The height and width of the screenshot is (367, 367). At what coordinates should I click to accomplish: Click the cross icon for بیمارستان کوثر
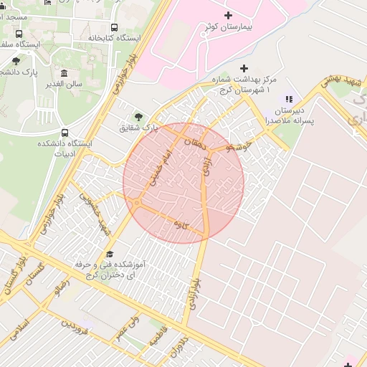point(229,15)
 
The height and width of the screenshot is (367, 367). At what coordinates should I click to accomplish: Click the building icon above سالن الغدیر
point(65,73)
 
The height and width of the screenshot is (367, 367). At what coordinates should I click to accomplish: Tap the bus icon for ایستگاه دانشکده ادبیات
point(65,133)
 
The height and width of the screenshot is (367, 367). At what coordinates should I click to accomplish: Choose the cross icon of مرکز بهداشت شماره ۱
point(244,68)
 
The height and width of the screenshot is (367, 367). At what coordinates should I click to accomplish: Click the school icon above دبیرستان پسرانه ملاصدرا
point(289,99)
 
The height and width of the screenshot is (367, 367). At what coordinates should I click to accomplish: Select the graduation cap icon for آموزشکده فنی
point(110,254)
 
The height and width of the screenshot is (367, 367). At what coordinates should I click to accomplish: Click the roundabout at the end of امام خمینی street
point(136,204)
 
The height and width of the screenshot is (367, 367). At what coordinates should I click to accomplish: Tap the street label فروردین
point(75,329)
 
